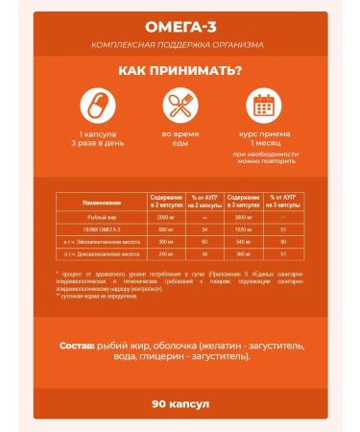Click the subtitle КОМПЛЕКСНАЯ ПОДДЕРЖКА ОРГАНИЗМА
[x=180, y=45]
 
